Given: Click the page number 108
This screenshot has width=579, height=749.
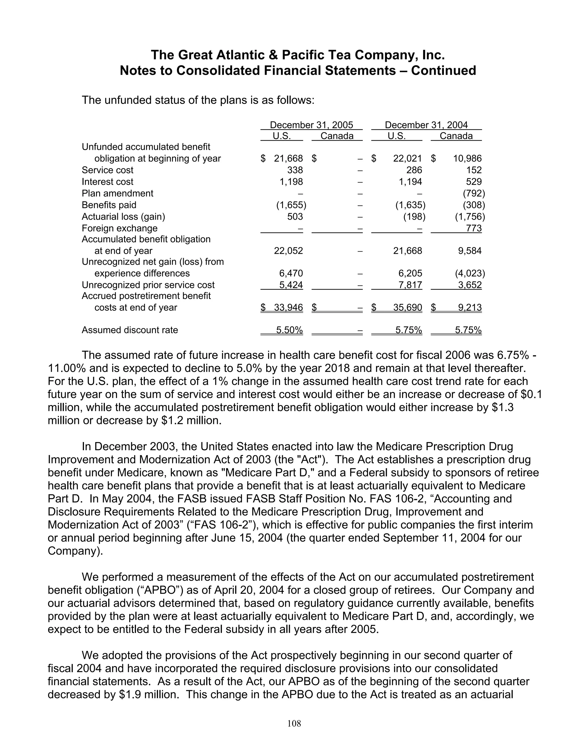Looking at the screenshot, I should click(x=294, y=724).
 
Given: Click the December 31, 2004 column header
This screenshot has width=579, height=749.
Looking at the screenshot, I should click(x=426, y=125).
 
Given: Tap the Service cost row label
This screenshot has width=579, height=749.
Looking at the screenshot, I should click(x=107, y=170).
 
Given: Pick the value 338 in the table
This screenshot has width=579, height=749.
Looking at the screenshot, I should click(x=295, y=170).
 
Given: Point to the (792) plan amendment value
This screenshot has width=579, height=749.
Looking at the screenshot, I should click(x=474, y=193).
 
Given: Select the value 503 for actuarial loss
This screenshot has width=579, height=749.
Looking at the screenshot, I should click(x=295, y=217).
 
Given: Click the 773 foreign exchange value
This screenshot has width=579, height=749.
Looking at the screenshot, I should click(x=474, y=228).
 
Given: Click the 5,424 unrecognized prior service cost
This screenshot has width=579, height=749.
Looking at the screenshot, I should click(x=291, y=285).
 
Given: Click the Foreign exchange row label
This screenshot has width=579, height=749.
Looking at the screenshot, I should click(x=119, y=228).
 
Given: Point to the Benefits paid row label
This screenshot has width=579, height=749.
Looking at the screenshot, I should click(x=109, y=205).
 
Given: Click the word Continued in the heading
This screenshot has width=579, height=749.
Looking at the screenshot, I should click(x=443, y=71).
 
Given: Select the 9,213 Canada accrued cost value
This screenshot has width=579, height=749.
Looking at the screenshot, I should click(x=470, y=307).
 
